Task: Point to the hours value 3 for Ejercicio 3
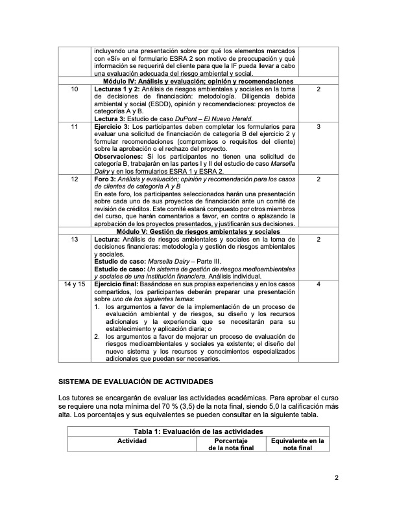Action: pyautogui.click(x=319, y=126)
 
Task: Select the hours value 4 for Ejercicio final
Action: pyautogui.click(x=319, y=284)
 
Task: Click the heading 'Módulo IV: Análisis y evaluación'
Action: pyautogui.click(x=198, y=81)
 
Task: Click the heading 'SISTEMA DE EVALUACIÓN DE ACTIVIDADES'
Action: pyautogui.click(x=126, y=383)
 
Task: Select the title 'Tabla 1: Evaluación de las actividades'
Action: pyautogui.click(x=198, y=431)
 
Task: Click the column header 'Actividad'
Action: pyautogui.click(x=132, y=440)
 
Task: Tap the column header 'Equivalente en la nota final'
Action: pyautogui.click(x=298, y=444)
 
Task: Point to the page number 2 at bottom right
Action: pyautogui.click(x=337, y=478)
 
